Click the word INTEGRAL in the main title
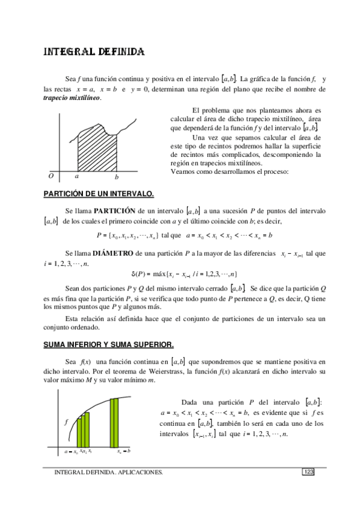click(67, 52)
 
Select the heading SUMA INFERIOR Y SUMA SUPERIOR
click(109, 345)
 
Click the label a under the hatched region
click(76, 176)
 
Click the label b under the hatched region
click(117, 177)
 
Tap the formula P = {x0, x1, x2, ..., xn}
click(127, 235)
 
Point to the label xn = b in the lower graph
click(124, 450)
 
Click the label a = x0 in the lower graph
click(72, 450)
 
